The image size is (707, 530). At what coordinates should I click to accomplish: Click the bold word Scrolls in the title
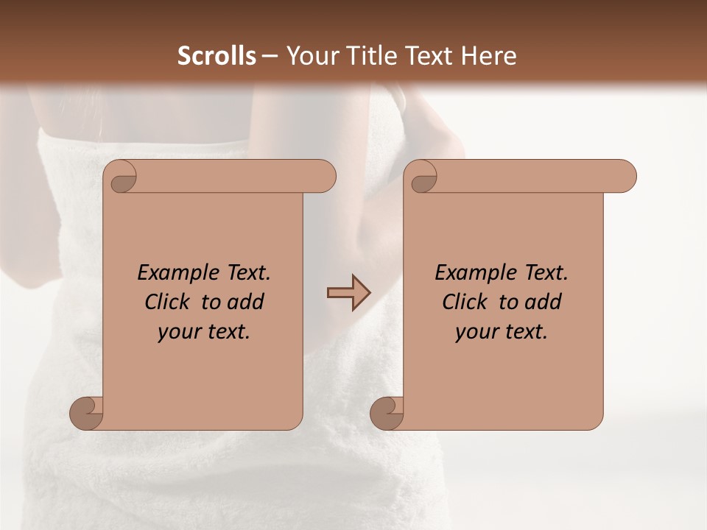217,56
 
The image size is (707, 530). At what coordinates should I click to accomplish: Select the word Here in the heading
490,56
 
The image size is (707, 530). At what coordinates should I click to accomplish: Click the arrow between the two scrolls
348,292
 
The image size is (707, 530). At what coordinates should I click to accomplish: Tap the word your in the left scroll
177,332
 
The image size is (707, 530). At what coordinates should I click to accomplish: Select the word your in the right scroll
474,332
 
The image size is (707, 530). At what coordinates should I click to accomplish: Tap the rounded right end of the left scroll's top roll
327,176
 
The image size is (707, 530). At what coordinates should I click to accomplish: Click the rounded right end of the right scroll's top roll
627,176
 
